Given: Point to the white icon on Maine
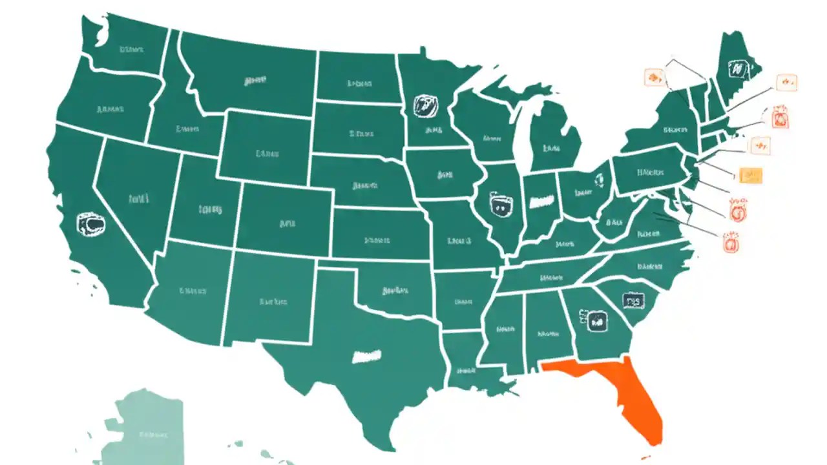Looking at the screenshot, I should pos(736,68).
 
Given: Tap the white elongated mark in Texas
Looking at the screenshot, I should pos(367,355).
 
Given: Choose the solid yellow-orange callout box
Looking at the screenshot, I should pos(750,175).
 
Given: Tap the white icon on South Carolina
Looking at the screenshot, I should pos(633,300).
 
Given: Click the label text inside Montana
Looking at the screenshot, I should pos(255,81).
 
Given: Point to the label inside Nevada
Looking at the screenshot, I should pos(138,199).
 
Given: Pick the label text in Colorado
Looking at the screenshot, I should pos(287,224).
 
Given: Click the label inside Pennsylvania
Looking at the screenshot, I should pos(649,172).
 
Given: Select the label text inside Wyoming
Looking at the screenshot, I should pos(266,154).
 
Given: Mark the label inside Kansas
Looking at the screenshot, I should pos(377,240).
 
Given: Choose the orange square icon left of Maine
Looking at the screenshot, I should pos(654,78).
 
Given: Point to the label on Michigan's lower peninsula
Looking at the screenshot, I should pos(551,148).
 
